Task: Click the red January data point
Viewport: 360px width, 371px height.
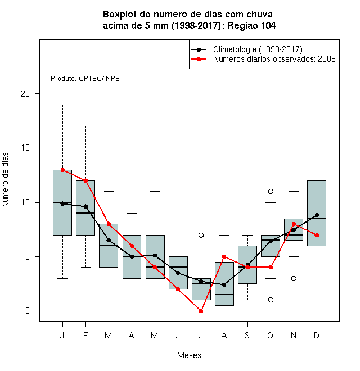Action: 62,170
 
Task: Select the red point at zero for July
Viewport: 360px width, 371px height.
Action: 201,311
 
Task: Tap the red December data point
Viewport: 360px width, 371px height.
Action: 317,235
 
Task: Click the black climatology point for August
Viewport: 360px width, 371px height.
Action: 224,284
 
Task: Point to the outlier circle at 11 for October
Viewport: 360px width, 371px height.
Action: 271,191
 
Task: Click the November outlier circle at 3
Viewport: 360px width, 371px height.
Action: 294,278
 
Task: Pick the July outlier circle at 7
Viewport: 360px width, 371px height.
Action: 201,235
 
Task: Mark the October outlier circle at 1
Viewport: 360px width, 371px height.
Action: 271,300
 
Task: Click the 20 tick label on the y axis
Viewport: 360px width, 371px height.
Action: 25,94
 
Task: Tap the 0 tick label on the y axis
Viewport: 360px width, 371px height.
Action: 28,311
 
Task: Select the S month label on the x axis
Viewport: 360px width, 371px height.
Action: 247,335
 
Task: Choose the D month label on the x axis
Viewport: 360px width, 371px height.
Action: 317,335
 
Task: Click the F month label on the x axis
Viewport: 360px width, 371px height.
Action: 85,335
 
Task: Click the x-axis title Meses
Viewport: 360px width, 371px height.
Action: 189,355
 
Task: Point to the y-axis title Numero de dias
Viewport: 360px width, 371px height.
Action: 5,180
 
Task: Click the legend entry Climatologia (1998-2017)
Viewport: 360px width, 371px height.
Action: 258,49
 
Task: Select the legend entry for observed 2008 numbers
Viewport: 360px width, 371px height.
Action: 274,59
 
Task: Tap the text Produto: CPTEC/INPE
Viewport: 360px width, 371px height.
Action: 85,79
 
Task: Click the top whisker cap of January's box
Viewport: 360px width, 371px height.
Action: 62,105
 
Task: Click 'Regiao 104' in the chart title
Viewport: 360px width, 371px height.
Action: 251,25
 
